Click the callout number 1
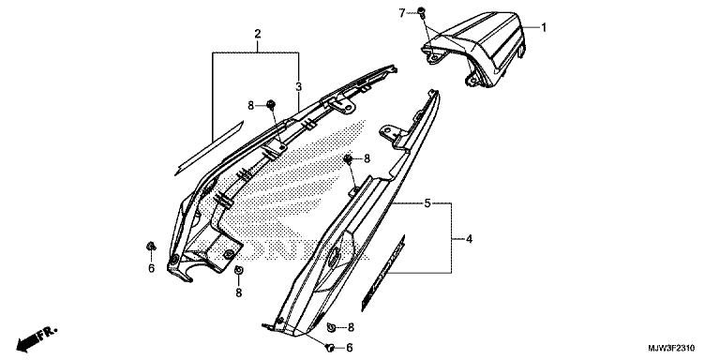point(544,27)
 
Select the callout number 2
point(257,34)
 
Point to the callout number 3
point(298,86)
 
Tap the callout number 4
point(469,239)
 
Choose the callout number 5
point(427,202)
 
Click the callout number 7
point(402,13)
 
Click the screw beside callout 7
point(421,11)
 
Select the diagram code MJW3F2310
point(671,348)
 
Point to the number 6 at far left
point(152,269)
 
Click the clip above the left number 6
point(151,247)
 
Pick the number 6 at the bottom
point(350,348)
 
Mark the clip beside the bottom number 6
point(329,348)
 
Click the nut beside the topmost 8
point(271,105)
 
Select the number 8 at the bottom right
point(351,327)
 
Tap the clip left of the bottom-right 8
point(330,327)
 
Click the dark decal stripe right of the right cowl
point(383,273)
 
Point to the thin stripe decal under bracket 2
point(209,148)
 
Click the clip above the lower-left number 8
point(238,270)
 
